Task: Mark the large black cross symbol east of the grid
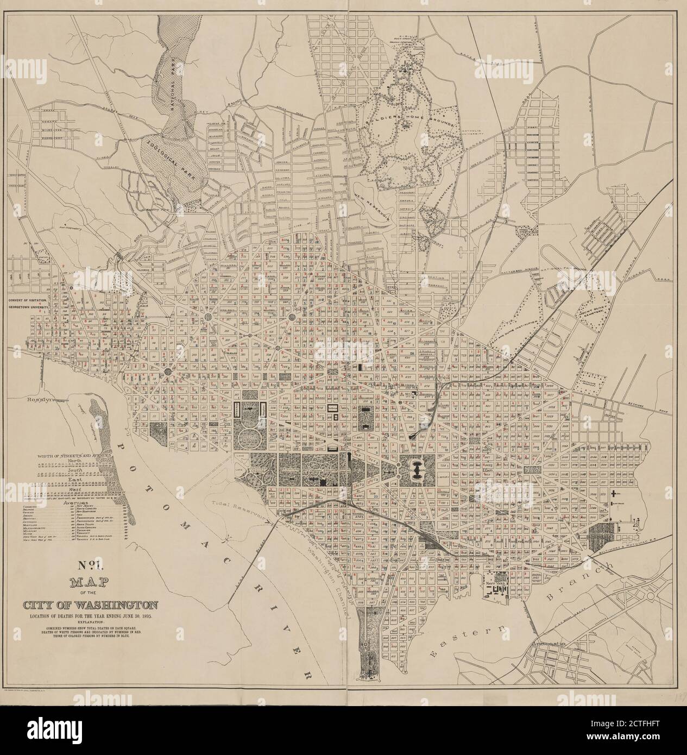(613, 494)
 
